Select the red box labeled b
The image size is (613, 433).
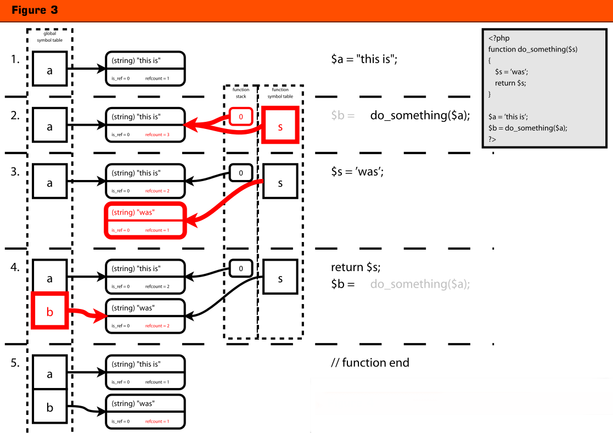tap(50, 311)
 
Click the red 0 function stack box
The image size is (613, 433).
tap(240, 116)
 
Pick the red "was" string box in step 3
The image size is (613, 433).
tap(145, 221)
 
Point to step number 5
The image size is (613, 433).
tap(15, 363)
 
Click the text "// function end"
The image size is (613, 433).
tap(370, 363)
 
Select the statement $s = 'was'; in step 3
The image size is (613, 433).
tap(357, 171)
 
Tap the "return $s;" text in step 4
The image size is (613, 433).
tap(356, 267)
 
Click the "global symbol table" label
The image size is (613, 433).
tap(50, 37)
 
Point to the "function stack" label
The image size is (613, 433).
tap(240, 93)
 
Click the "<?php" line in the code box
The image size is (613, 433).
tap(499, 38)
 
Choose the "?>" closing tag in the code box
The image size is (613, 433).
tap(492, 139)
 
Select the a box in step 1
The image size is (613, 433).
tap(50, 69)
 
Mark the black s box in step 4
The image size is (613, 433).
tap(280, 278)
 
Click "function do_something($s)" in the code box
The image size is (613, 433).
tap(532, 49)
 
